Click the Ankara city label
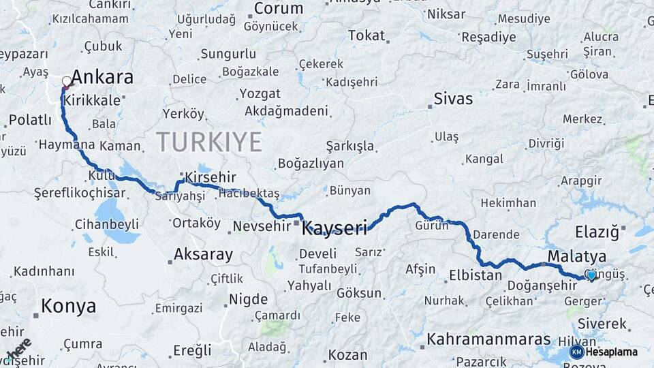(x=102, y=77)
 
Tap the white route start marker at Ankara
(x=67, y=82)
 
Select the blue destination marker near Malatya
(x=591, y=275)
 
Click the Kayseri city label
(x=334, y=227)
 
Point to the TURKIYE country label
(x=208, y=142)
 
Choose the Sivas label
(x=453, y=99)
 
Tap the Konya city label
(x=68, y=306)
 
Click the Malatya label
(x=576, y=257)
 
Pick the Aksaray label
(x=203, y=254)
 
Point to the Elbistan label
(x=475, y=276)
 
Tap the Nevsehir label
(x=262, y=226)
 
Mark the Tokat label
(x=367, y=35)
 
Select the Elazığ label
(x=597, y=232)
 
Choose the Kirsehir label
(x=210, y=178)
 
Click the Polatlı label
(x=30, y=120)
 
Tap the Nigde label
(x=248, y=298)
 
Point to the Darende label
(x=495, y=234)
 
